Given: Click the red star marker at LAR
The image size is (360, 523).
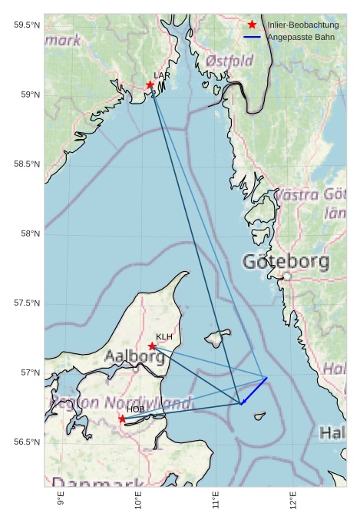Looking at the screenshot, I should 150,84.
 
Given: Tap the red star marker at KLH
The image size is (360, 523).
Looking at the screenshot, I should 152,346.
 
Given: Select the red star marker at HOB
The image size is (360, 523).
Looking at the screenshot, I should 122,419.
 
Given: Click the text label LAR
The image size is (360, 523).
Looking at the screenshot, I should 162,75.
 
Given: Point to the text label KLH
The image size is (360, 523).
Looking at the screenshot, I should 164,336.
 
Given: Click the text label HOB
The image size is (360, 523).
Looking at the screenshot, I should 135,409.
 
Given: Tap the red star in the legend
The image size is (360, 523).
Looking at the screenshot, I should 253,25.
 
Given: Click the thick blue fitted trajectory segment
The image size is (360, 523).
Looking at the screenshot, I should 254,390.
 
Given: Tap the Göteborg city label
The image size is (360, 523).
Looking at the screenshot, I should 286,262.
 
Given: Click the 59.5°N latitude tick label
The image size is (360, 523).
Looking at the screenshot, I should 27,25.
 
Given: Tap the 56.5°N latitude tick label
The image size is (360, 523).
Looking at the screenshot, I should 27,442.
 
